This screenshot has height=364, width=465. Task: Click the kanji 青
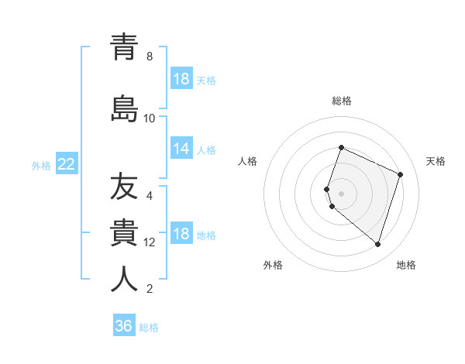click(x=125, y=47)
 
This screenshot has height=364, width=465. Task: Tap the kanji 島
click(x=125, y=108)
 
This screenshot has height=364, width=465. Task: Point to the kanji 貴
click(x=125, y=233)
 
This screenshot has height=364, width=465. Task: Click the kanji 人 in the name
click(x=125, y=280)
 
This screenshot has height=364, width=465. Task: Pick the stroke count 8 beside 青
click(x=150, y=57)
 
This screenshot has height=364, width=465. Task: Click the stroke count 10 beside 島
click(x=150, y=118)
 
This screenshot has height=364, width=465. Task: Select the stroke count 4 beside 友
click(x=150, y=196)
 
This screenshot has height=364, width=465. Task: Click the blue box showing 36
click(x=124, y=326)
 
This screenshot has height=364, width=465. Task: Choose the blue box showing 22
click(x=67, y=163)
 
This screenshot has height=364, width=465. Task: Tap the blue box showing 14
click(x=181, y=149)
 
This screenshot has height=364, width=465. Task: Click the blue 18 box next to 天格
click(x=181, y=79)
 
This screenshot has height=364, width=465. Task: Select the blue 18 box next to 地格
click(x=181, y=235)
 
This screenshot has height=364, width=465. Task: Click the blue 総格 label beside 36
click(x=149, y=328)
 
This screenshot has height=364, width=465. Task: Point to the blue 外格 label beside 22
click(x=41, y=165)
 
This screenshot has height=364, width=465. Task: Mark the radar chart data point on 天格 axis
click(x=400, y=174)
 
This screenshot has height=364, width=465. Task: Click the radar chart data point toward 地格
click(x=377, y=244)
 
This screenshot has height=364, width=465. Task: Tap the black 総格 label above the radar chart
click(x=342, y=101)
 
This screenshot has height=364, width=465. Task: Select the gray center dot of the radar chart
click(x=342, y=193)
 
